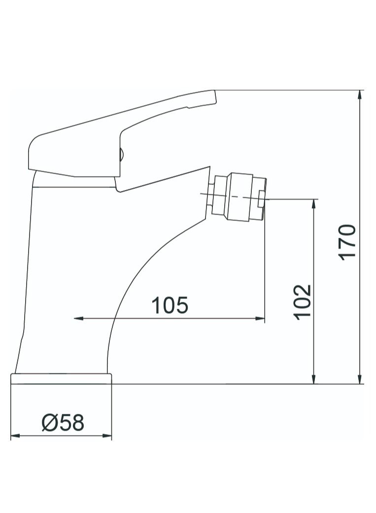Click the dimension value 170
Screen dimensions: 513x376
click(347, 242)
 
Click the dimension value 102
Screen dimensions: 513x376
click(302, 302)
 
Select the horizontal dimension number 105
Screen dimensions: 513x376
click(170, 306)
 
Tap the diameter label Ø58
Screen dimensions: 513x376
click(63, 423)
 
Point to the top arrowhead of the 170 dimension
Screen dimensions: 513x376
click(361, 94)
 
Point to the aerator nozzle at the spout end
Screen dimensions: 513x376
click(239, 195)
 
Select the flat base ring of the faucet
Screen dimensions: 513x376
click(61, 379)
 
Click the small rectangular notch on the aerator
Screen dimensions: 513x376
click(261, 200)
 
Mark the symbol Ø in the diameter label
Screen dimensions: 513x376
click(50, 423)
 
